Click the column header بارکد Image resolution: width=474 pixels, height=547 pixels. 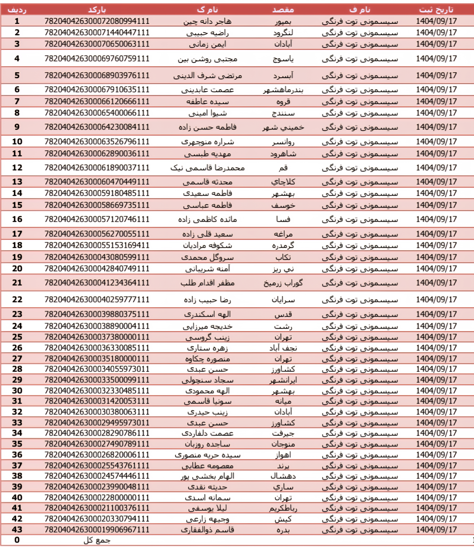coord(97,10)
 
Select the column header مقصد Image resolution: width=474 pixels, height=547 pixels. coord(283,10)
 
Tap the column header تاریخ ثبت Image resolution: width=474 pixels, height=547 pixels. coord(436,10)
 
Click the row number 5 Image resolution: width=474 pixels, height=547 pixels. coord(17,75)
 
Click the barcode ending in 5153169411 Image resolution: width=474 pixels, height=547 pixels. coord(97,245)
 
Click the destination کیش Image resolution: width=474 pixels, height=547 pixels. coord(283,519)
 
